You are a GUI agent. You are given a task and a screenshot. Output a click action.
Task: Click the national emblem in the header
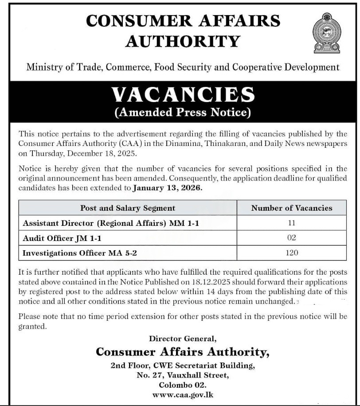click(327, 33)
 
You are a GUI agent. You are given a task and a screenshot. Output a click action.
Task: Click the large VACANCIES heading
click(183, 95)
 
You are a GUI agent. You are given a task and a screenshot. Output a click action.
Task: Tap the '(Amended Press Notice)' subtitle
click(183, 112)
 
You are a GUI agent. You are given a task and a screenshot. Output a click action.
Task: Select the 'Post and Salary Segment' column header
click(128, 208)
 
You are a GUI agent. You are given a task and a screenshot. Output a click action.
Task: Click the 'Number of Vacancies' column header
click(291, 208)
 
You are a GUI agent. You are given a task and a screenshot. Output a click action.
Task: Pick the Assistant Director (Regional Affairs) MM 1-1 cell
click(111, 223)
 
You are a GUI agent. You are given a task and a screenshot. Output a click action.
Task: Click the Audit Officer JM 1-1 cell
click(62, 238)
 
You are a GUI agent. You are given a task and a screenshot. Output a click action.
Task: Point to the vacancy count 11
click(291, 223)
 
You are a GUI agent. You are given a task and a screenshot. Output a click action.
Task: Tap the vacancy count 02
click(291, 238)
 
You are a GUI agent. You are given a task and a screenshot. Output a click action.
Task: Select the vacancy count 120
click(291, 253)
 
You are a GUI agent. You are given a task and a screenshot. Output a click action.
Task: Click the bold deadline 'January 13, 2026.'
click(168, 188)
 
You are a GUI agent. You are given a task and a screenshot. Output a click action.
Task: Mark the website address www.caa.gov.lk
click(183, 394)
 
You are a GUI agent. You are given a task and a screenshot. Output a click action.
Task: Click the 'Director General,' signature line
click(183, 339)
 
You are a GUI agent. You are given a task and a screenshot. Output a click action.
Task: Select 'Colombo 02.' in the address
click(183, 385)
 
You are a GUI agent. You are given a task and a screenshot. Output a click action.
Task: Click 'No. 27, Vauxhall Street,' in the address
click(183, 376)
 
